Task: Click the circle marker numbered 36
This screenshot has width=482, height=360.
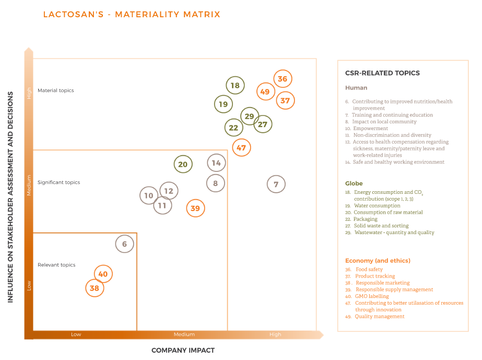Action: pos(283,79)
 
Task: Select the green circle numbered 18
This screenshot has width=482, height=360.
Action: pos(235,86)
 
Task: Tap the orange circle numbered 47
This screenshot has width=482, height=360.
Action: pos(241,148)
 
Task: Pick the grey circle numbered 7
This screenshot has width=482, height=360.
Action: pos(276,184)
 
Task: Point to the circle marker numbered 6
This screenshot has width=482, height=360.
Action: pos(124,243)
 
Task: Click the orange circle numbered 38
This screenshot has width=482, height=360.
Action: pos(95,288)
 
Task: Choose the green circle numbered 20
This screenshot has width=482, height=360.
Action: pos(183,164)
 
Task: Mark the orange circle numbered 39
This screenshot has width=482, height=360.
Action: pos(195,208)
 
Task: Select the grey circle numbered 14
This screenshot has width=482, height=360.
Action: pos(216,163)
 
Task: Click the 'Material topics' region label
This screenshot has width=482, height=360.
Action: pos(55,90)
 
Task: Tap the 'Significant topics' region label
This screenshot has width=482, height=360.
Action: pos(58,182)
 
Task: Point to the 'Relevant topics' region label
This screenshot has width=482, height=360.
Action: pos(56,265)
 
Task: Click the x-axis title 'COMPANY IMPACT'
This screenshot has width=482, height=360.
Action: pos(183,350)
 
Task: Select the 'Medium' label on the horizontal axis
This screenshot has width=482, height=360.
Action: pos(184,334)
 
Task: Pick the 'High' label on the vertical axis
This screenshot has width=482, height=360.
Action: pos(29,93)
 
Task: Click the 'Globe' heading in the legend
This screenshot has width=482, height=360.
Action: pos(354,183)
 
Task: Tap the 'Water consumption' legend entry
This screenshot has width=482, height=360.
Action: pos(377,206)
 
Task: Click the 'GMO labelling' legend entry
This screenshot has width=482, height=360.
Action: pos(372,296)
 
